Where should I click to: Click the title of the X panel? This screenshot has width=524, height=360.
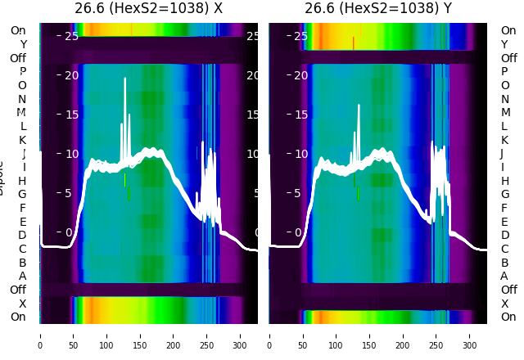tap(148, 8)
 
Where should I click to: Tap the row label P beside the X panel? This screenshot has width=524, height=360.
tap(22, 72)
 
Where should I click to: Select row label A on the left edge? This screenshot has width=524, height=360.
tap(22, 276)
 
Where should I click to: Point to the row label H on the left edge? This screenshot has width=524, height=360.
tap(22, 181)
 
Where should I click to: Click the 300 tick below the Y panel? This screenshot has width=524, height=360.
tap(470, 335)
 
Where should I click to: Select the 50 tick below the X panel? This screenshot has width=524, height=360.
tap(73, 335)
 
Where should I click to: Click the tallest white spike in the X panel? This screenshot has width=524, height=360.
tap(125, 79)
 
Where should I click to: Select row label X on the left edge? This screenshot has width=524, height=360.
tap(22, 304)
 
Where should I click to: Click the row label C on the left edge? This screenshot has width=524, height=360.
tap(22, 249)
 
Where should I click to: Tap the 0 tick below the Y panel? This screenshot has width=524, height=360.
tap(270, 335)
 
